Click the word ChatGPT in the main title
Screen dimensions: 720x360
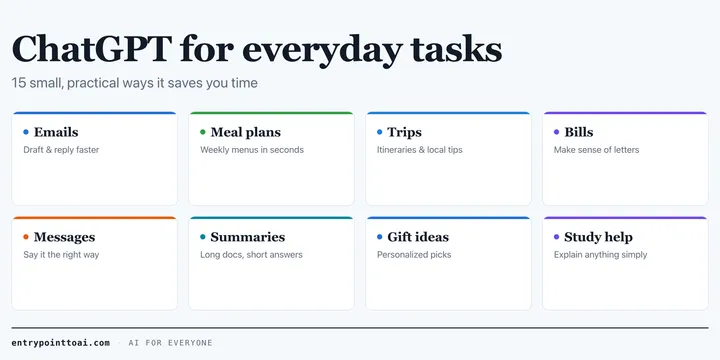coord(92,48)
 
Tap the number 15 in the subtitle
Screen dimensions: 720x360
coord(17,83)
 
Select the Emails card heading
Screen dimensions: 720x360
coord(56,132)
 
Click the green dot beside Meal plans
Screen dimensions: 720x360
coord(203,132)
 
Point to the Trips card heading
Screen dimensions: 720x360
coord(405,133)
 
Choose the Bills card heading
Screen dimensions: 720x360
coord(579,132)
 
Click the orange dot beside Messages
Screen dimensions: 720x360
coord(26,237)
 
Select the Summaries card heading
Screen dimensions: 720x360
coord(248,237)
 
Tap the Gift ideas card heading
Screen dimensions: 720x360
coord(418,237)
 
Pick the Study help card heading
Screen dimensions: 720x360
coord(598,237)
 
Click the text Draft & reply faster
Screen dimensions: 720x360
coord(61,150)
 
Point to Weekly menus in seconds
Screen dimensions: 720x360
coord(252,150)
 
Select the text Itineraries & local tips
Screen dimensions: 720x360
coord(420,150)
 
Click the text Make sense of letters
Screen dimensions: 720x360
coord(596,150)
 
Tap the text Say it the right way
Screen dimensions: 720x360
coord(61,255)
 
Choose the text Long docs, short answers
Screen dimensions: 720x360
coord(251,255)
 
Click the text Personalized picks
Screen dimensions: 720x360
coord(414,255)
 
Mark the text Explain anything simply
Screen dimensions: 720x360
coord(601,255)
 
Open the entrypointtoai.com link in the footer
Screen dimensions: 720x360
coord(61,343)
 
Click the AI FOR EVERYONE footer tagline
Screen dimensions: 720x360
coord(170,343)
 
